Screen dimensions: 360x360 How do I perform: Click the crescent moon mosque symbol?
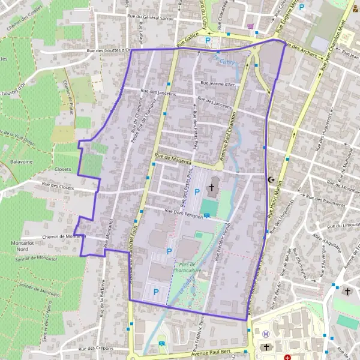point(271,179)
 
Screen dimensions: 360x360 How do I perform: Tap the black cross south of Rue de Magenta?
point(211,188)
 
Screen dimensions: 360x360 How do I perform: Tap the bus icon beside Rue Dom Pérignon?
point(207,216)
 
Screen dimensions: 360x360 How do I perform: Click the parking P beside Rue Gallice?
point(208,41)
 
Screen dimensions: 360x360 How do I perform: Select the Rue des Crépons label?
point(95,349)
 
